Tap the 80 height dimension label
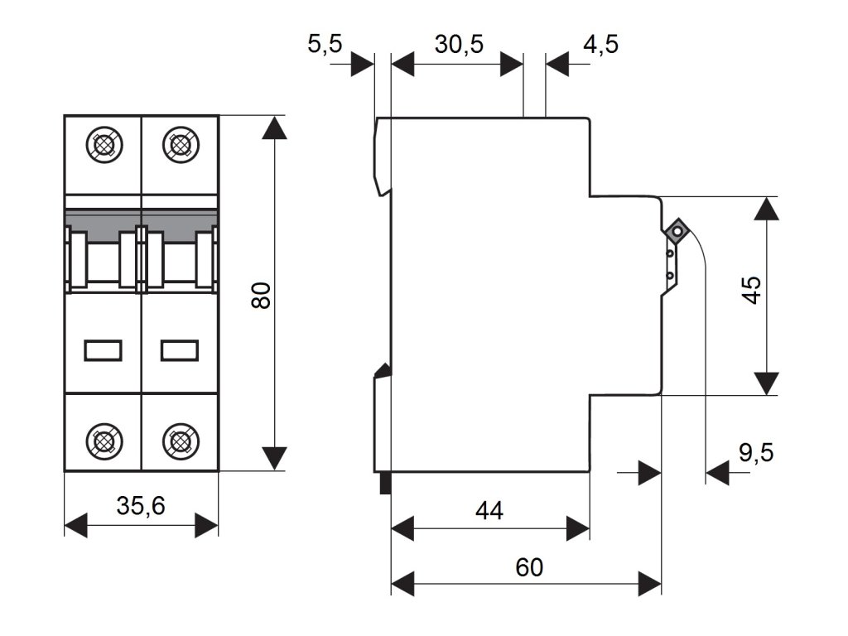click(x=261, y=295)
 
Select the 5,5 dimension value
click(x=325, y=44)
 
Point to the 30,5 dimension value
click(x=460, y=44)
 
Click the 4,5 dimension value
click(x=600, y=44)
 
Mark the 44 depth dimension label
click(x=489, y=510)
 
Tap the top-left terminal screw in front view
click(x=104, y=146)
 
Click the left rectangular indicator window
click(x=104, y=351)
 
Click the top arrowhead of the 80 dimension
click(x=274, y=128)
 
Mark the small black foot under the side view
click(x=384, y=483)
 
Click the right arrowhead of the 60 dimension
click(x=650, y=583)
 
